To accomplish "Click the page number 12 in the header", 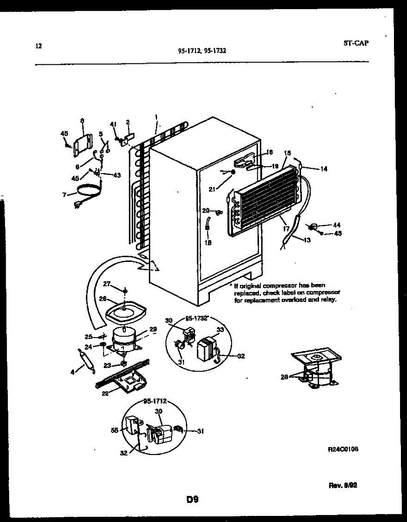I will [x=38, y=45].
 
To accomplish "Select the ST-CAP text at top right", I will [x=356, y=43].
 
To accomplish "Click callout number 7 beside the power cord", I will [x=64, y=194].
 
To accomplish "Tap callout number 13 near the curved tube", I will [x=307, y=240].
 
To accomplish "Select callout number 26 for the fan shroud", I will [x=103, y=299].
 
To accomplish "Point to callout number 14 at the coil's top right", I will [x=323, y=169].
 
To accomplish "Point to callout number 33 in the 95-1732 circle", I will [x=220, y=330].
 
